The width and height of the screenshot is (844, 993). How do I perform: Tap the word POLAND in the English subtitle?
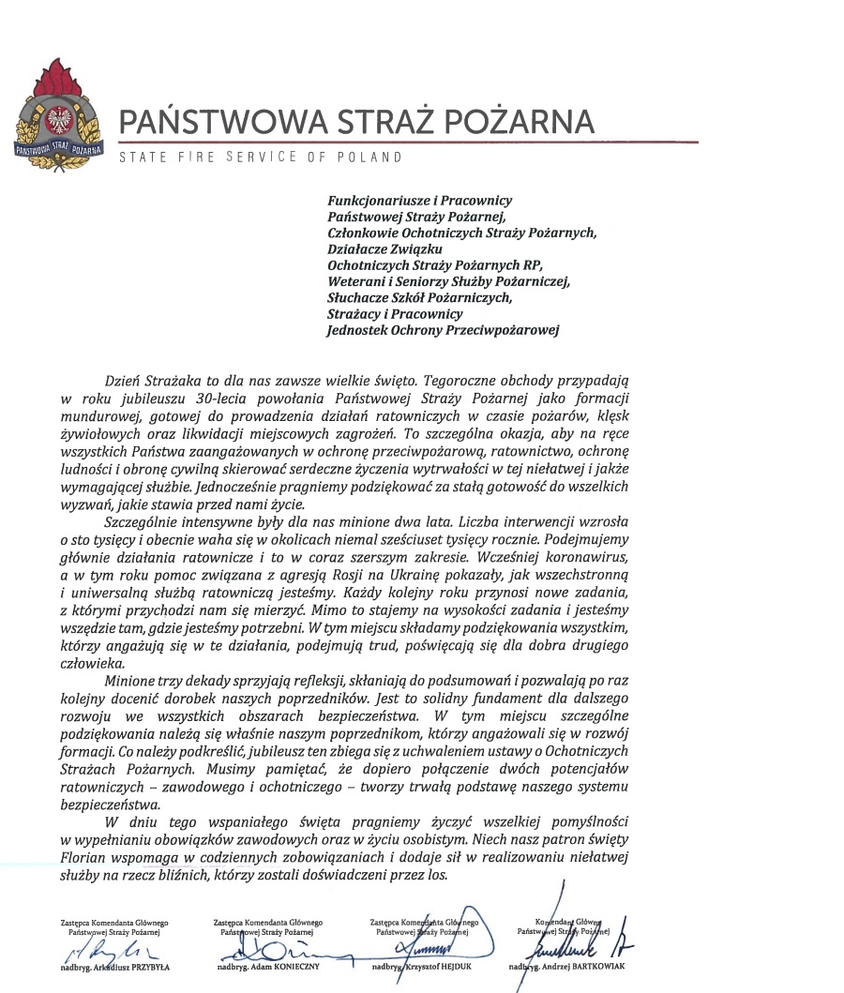(371, 157)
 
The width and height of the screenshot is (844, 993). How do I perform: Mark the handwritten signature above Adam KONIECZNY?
(272, 942)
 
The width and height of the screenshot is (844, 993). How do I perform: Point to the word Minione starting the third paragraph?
(130, 680)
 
